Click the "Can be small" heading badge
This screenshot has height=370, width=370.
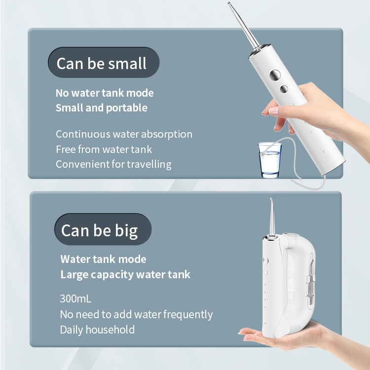102,63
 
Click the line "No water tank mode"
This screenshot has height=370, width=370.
105,93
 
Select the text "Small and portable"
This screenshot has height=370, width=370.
102,108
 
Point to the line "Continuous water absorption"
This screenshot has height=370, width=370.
124,134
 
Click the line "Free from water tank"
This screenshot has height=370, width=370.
104,149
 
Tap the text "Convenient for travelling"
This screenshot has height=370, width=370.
113,164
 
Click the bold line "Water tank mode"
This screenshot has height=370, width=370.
103,259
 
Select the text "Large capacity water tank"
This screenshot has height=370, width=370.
125,274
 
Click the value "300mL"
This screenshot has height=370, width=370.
75,299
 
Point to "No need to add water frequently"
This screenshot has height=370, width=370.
136,314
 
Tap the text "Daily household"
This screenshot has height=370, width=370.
97,330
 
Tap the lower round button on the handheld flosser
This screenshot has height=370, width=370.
283,89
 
